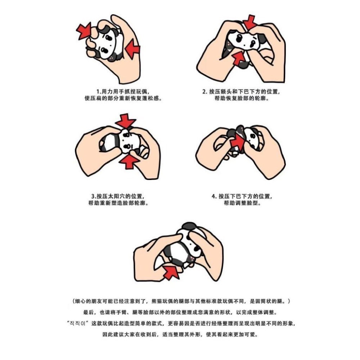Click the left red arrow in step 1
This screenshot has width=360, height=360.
tap(84, 31)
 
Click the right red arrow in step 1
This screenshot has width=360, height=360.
tap(133, 49)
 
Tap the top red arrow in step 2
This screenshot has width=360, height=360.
tap(249, 22)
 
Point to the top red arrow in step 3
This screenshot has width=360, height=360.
tap(125, 121)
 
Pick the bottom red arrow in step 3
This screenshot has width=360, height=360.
tap(129, 161)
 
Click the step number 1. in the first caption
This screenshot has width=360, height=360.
tap(99, 91)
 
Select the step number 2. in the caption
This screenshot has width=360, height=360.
tap(205, 91)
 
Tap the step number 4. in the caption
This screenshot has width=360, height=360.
tap(214, 197)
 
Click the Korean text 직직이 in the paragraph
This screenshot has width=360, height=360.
tap(78, 324)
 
